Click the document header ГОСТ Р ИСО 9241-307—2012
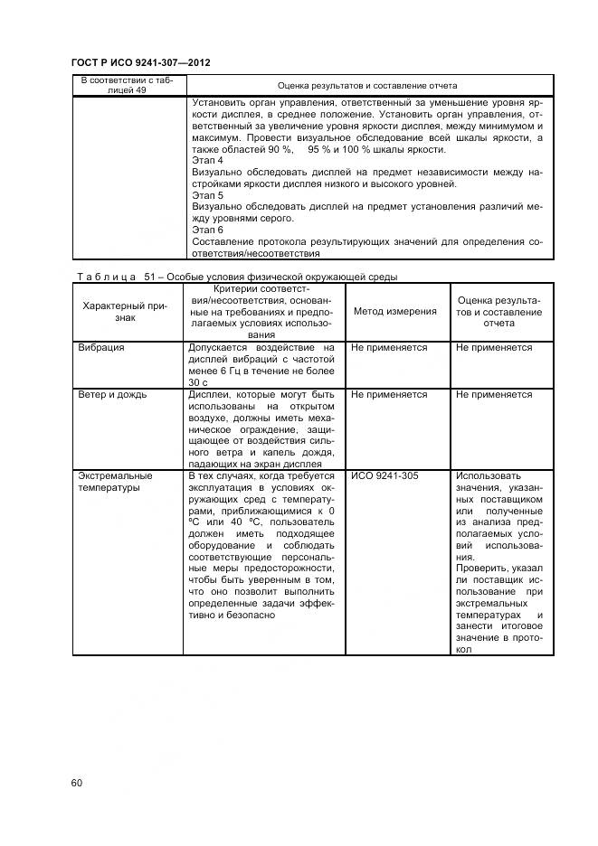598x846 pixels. tap(140, 62)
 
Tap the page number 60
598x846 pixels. tap(77, 783)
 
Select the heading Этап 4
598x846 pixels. tap(208, 161)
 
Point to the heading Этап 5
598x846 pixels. tap(208, 195)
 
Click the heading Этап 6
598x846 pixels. tap(208, 230)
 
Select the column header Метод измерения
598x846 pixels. tap(394, 311)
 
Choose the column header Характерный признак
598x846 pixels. tap(126, 312)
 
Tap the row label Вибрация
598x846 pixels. tap(100, 348)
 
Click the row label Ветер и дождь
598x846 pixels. tap(112, 395)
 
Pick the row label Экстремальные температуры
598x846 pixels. tap(114, 481)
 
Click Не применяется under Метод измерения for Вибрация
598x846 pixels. tap(389, 348)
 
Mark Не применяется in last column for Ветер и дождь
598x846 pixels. tap(494, 395)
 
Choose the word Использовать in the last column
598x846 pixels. tap(489, 475)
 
